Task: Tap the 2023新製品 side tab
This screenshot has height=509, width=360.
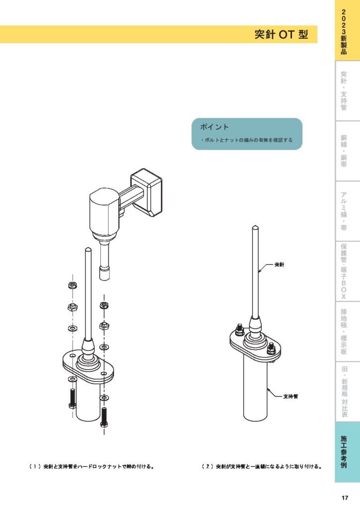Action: point(344,31)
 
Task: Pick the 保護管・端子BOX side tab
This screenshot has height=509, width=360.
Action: point(344,271)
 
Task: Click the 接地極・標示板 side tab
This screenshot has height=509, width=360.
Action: point(344,332)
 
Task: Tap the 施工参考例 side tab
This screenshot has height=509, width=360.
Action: point(344,452)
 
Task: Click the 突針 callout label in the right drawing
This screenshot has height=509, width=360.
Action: point(279,265)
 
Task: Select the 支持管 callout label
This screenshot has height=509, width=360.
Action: point(290,396)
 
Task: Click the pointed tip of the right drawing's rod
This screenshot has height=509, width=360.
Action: point(255,227)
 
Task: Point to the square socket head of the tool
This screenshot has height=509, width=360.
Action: point(104,273)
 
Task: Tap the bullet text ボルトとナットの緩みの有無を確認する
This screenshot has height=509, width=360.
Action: point(248,141)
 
